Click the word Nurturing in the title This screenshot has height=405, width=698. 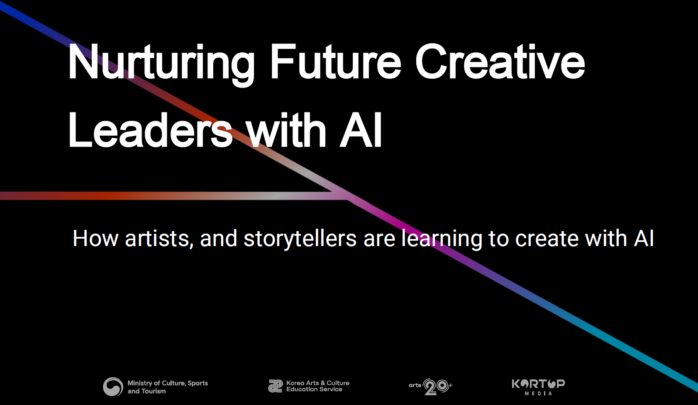161,64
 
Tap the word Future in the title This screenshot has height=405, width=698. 335,62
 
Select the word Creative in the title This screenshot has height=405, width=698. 500,61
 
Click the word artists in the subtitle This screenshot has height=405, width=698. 159,239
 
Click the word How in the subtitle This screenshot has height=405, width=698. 95,239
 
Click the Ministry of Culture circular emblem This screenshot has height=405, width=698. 113,387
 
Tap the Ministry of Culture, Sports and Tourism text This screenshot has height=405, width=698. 168,387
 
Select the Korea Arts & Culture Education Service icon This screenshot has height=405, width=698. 276,386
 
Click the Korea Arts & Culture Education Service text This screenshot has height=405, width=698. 318,386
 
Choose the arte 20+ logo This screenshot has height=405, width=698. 431,387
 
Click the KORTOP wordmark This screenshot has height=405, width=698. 538,384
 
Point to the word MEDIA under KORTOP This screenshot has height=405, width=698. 538,393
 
